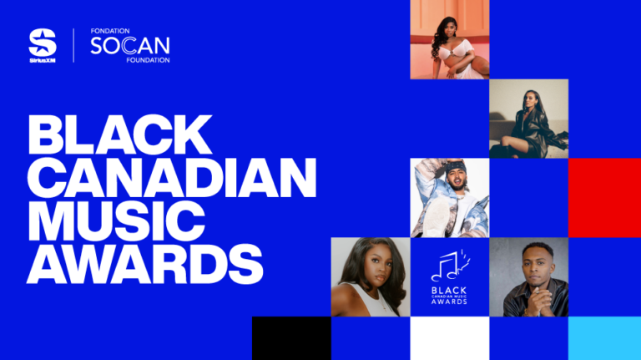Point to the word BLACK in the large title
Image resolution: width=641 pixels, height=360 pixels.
click(x=120, y=134)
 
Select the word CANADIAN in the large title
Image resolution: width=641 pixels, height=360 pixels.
click(x=173, y=176)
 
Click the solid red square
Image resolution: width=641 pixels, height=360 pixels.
click(x=604, y=198)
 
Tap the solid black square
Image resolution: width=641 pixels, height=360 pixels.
click(x=291, y=338)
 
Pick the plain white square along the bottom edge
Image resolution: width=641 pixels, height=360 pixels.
click(x=450, y=338)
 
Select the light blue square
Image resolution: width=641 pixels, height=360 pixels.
click(x=604, y=338)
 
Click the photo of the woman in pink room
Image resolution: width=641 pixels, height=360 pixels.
click(x=450, y=39)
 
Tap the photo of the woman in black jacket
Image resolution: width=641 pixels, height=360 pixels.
click(x=528, y=119)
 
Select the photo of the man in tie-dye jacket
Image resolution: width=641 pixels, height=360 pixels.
click(x=450, y=198)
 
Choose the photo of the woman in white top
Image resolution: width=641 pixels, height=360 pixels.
click(x=371, y=277)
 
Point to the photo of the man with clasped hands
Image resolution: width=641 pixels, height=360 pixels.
click(x=528, y=277)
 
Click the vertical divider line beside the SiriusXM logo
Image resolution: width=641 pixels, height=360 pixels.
click(x=73, y=45)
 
